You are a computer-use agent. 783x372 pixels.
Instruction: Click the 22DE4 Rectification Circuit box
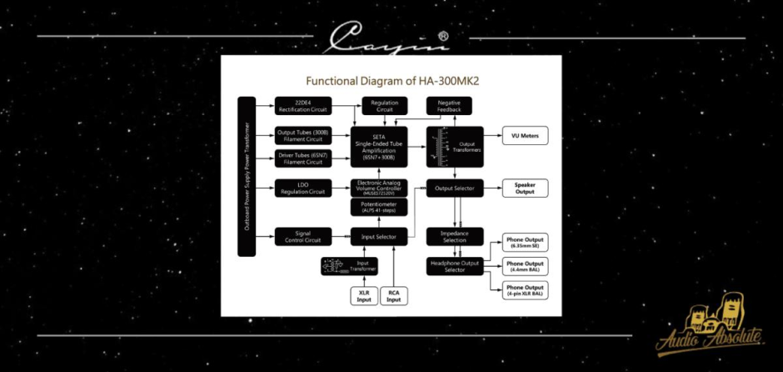coord(302,106)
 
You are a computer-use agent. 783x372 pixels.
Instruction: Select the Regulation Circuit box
coord(385,106)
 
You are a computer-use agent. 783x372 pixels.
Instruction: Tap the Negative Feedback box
coord(449,106)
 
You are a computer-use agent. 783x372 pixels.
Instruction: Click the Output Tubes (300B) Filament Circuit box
coord(302,135)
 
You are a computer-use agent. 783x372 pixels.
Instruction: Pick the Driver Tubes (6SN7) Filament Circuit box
coord(302,158)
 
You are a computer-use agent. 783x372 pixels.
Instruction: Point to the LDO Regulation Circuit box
coord(302,189)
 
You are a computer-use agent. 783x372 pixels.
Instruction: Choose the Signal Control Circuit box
coord(302,237)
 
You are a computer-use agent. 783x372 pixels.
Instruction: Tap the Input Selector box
coord(379,237)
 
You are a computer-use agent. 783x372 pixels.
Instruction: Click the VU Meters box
coord(525,136)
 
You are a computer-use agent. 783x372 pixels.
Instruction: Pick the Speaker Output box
coord(525,189)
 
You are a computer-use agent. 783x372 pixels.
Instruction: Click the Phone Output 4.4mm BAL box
coord(525,266)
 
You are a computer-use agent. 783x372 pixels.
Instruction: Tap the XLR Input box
coord(364,295)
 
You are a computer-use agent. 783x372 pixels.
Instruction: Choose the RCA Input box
coord(395,295)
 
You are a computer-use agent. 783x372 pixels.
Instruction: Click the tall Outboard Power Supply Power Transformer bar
coord(246,177)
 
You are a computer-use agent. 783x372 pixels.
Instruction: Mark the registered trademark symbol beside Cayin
coord(443,37)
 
